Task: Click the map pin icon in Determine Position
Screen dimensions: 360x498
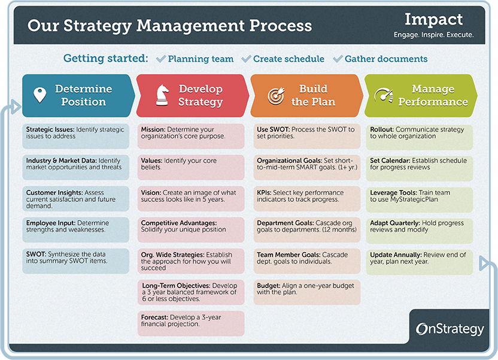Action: (40, 95)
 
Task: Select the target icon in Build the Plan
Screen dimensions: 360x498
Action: (275, 95)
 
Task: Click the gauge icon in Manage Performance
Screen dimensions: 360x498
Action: (383, 95)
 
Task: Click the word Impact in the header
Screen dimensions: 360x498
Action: (433, 19)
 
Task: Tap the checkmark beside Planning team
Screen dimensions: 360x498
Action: (160, 59)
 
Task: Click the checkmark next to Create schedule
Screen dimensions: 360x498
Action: (246, 59)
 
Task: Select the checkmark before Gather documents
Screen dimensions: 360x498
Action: (338, 59)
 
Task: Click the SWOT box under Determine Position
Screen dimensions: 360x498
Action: (75, 261)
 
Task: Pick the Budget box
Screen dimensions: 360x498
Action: (306, 292)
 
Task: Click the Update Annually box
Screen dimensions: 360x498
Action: (419, 262)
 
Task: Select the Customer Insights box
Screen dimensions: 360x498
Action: (75, 199)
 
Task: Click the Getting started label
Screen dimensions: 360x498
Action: (105, 59)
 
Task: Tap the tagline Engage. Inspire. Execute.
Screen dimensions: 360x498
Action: (433, 35)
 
